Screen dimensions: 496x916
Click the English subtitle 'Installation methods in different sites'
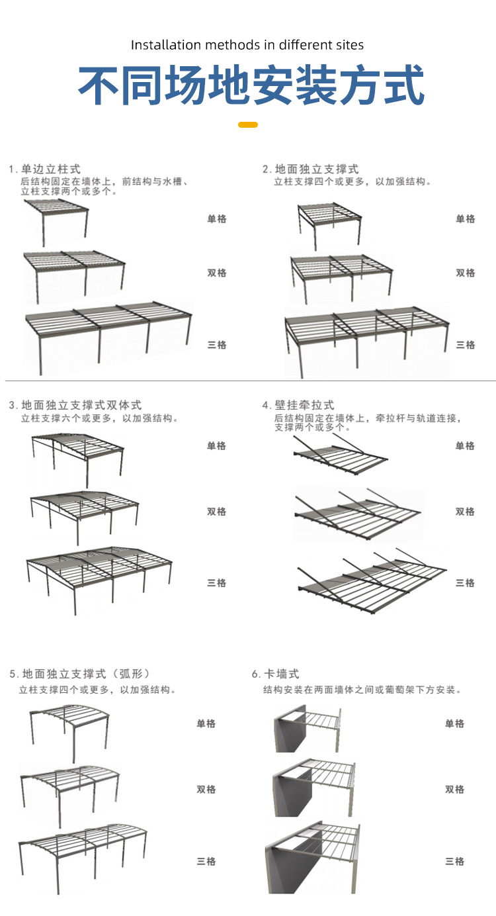(x=247, y=45)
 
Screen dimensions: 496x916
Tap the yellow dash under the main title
(x=247, y=124)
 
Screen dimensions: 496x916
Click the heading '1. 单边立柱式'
(x=45, y=169)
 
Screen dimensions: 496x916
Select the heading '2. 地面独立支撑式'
(x=311, y=169)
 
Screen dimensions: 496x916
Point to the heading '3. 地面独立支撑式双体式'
(x=75, y=405)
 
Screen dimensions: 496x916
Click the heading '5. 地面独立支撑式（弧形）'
(x=80, y=674)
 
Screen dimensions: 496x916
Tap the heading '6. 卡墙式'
(x=276, y=674)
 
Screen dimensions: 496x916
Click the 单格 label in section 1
(x=217, y=219)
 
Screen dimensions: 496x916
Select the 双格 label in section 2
(x=466, y=273)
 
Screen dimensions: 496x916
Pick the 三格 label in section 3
(x=217, y=583)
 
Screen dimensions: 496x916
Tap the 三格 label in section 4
(x=466, y=583)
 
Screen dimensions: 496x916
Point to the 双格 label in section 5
(x=206, y=790)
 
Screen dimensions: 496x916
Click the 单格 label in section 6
(x=455, y=724)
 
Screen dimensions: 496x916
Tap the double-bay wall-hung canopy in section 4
(x=357, y=513)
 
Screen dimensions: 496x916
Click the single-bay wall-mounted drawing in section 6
(x=308, y=728)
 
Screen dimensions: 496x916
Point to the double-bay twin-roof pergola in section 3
(x=85, y=513)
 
